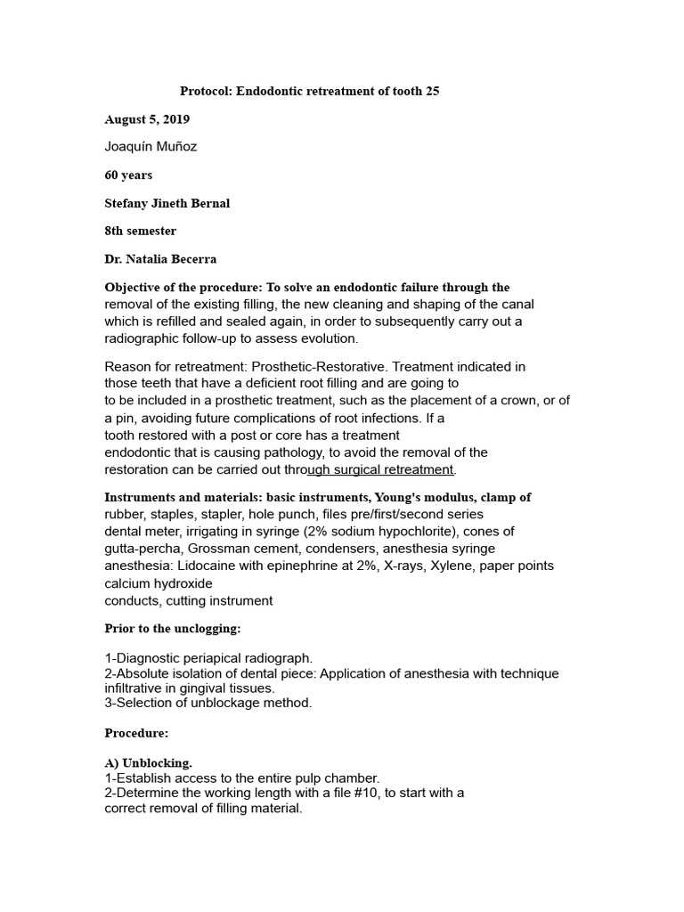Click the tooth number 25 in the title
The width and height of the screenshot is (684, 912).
pos(431,91)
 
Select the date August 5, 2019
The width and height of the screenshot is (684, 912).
pos(147,119)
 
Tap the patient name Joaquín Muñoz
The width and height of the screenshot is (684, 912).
pos(151,147)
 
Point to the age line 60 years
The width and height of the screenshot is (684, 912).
pos(128,175)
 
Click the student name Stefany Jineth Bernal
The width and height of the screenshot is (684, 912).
pos(167,203)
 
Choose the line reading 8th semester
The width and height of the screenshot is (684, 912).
pos(141,231)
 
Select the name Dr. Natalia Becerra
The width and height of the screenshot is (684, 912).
pos(160,259)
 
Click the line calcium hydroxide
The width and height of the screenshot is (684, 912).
pos(159,583)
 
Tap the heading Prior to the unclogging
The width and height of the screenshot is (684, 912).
pos(173,628)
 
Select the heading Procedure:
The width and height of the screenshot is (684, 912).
pos(136,733)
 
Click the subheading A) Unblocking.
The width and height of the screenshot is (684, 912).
pos(148,763)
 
